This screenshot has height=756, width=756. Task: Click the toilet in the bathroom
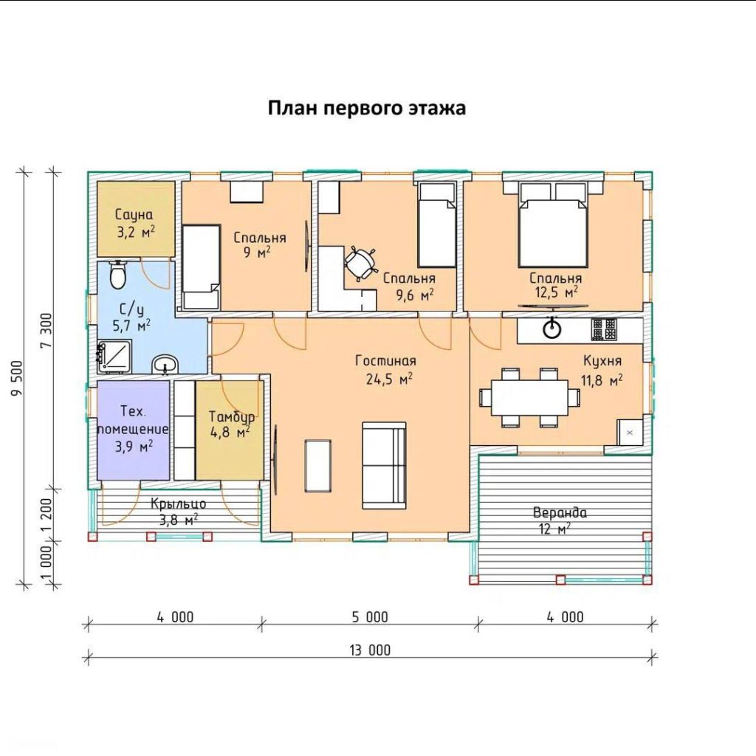tap(117, 275)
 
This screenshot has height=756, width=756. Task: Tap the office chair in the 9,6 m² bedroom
tap(360, 263)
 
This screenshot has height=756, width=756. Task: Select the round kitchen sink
tap(551, 329)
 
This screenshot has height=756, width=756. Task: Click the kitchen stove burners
tap(604, 330)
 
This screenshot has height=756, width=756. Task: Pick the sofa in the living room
tap(384, 465)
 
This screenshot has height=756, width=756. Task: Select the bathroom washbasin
tap(165, 364)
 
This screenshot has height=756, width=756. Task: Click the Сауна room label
tap(134, 215)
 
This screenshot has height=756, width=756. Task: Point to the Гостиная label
tap(385, 360)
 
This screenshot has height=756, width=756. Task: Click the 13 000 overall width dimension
tap(370, 650)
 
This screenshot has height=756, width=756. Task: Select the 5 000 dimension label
tap(370, 617)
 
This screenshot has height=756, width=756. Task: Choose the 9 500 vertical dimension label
tap(17, 378)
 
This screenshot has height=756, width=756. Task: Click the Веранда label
tap(560, 512)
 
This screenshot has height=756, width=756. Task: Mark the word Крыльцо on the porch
tap(179, 504)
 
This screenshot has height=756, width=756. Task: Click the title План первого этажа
tap(367, 108)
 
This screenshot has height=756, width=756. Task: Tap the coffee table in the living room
tap(317, 466)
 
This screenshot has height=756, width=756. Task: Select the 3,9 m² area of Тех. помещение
tap(134, 447)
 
